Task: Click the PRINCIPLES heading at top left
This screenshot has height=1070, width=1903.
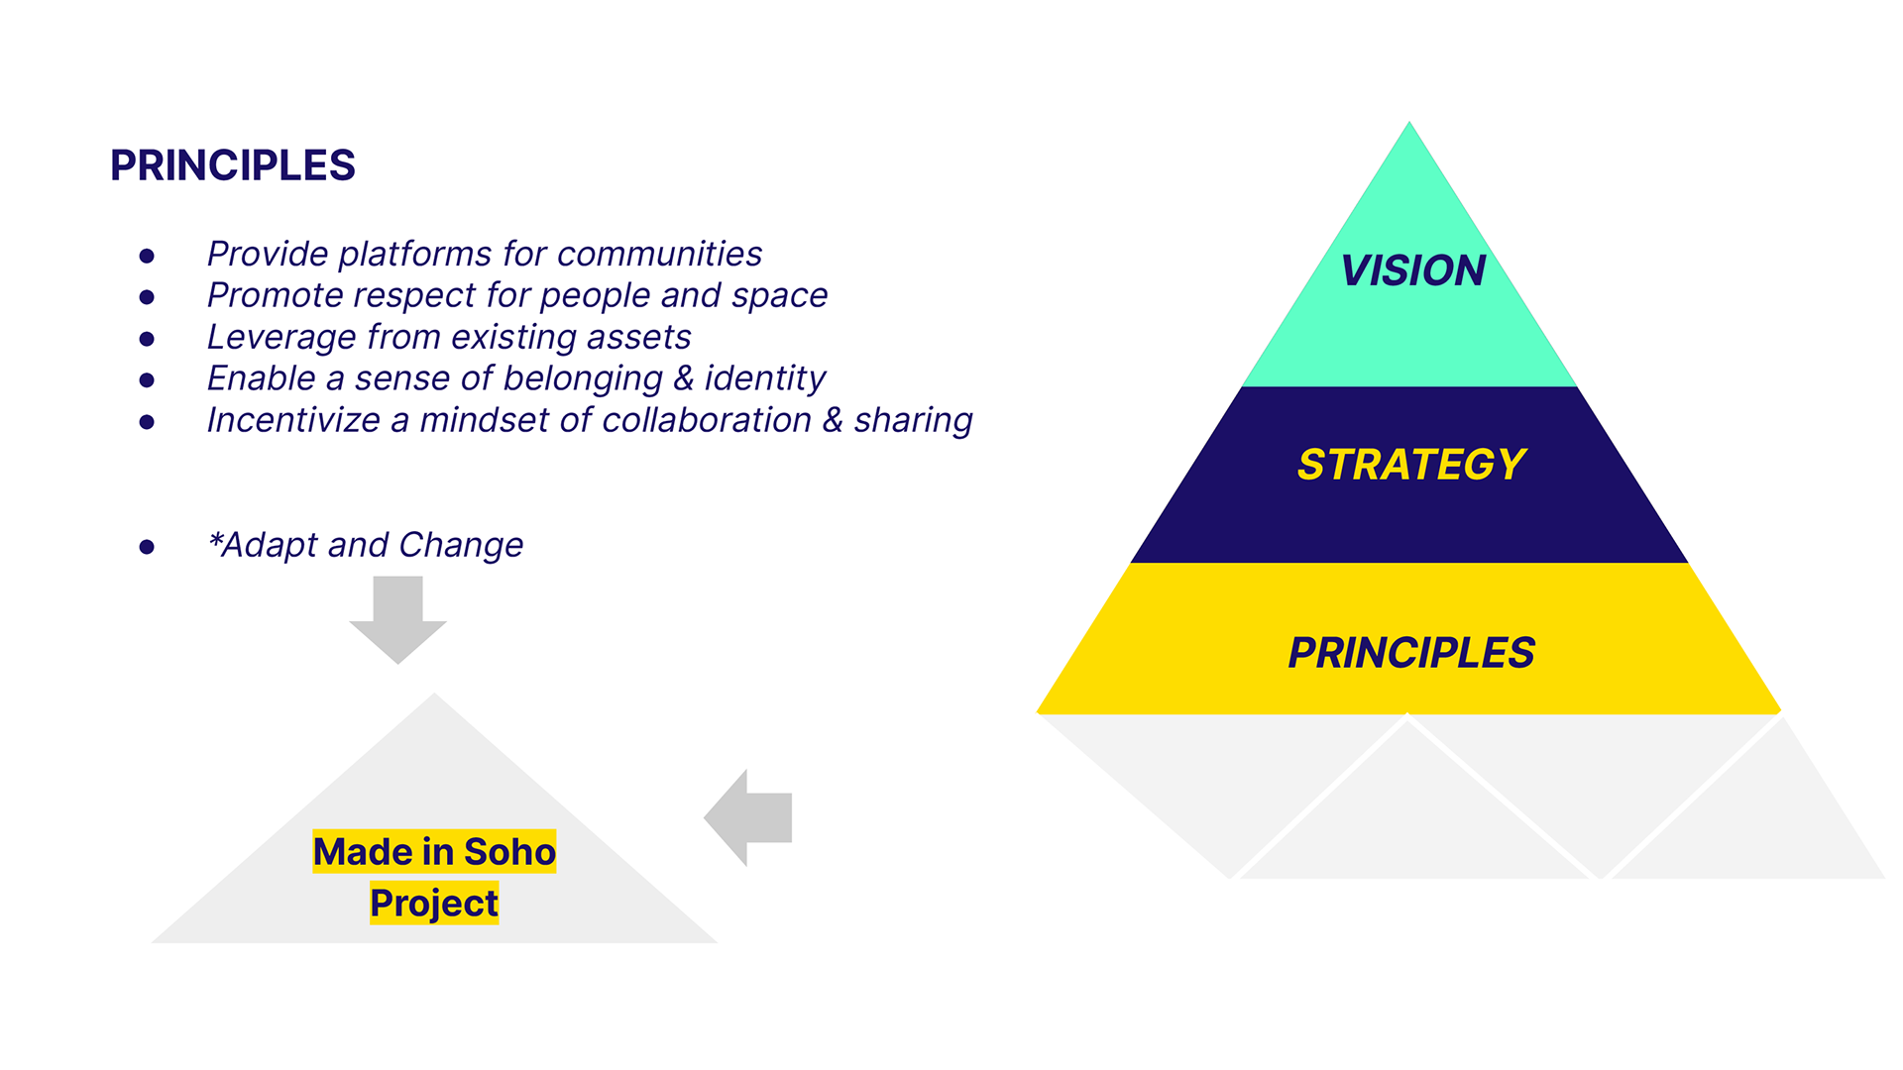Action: (233, 165)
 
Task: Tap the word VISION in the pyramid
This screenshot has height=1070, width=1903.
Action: (1412, 270)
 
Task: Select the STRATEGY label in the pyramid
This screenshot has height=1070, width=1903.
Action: (1411, 465)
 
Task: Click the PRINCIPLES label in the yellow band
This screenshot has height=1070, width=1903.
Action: (1411, 653)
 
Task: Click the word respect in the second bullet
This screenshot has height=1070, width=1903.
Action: (413, 295)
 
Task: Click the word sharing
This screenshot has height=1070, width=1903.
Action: (913, 421)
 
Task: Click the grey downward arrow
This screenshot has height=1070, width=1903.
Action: (398, 619)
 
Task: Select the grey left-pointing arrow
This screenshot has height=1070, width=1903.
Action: (748, 817)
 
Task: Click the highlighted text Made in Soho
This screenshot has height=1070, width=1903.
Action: (434, 852)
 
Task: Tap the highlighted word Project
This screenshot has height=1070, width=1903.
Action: (434, 904)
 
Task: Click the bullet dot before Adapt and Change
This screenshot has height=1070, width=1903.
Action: (147, 547)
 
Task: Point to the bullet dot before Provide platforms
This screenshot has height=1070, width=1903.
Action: (147, 256)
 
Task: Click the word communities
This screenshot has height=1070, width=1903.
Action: (659, 255)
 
